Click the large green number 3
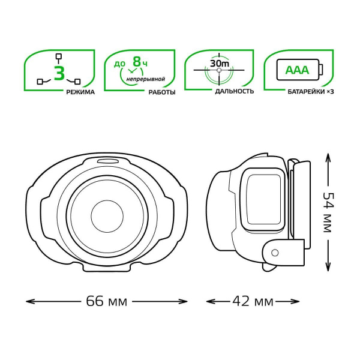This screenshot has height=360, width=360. pos(59,73)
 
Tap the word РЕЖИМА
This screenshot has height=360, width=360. pos(80,92)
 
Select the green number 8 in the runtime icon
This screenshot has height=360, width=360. pos(137,62)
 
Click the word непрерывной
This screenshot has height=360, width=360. pos(146,79)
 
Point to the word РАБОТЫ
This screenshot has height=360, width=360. pos(162,92)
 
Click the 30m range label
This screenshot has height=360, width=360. pos(219,64)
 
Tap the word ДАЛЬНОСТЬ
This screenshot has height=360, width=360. pos(235,91)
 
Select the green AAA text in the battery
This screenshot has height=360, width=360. pos(297,70)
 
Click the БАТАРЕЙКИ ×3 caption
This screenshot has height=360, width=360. pos(311,92)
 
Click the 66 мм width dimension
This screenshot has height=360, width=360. pos(107,301)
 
